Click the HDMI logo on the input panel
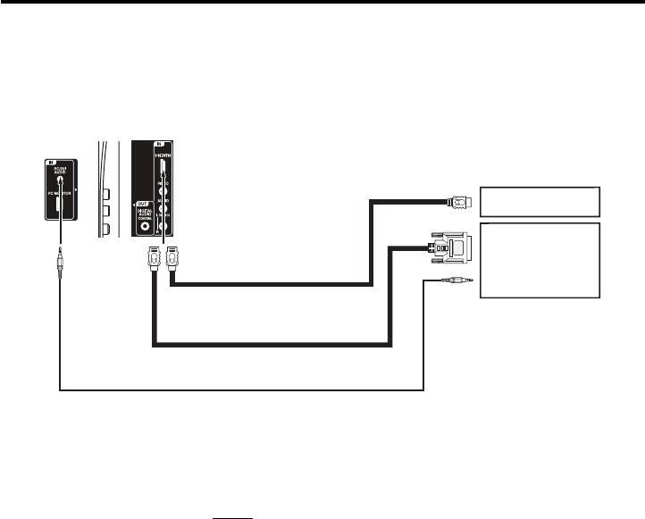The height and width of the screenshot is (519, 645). coord(163,155)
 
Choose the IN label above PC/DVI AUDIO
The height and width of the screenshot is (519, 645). coord(52,163)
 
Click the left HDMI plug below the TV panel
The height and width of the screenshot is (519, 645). coord(154,259)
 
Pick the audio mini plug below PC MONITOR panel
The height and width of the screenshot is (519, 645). coord(59,263)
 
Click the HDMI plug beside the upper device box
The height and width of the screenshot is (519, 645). coord(458,202)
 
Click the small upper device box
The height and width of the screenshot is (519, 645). coord(540,202)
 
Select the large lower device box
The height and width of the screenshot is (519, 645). coord(540,261)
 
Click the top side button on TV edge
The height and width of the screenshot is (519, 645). coord(105,194)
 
